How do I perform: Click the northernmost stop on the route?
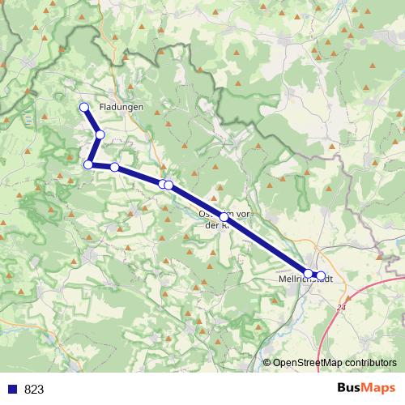83,107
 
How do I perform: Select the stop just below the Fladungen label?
100,134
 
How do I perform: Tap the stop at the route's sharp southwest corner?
88,165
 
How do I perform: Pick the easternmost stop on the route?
321,275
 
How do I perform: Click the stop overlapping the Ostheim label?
224,217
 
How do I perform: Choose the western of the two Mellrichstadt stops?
309,274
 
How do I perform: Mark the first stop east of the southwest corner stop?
115,168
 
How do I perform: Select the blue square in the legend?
12,389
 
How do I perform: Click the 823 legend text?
34,389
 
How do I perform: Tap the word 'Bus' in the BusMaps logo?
350,388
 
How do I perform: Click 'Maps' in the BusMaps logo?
379,388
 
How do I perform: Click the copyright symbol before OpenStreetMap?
266,364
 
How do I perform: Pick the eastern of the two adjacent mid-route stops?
168,185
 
